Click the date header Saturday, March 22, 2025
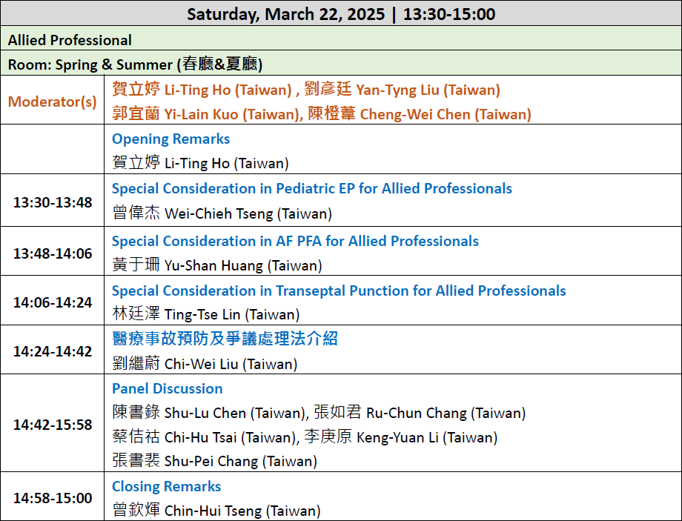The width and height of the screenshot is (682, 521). point(285,14)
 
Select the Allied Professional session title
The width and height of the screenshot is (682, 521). point(70,40)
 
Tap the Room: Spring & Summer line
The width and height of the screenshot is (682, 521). point(135,64)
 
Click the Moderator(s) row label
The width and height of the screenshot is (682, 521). point(52,102)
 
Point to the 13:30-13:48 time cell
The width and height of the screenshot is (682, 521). point(53,202)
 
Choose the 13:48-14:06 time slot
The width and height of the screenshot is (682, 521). point(53,253)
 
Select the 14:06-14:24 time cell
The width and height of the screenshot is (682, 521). point(53,302)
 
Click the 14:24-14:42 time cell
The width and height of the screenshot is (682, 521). point(53,351)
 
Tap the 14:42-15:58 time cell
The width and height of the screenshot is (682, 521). point(53,425)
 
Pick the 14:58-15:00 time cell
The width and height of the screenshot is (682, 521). point(53,498)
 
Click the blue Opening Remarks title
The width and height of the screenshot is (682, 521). point(171,139)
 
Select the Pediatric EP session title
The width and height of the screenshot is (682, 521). point(312,188)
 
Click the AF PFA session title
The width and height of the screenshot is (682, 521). point(295,241)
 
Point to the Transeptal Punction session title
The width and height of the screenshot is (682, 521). point(339,291)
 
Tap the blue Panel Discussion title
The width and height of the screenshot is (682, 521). point(168,388)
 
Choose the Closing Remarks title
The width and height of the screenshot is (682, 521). point(167,486)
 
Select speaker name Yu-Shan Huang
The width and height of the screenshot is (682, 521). point(213,265)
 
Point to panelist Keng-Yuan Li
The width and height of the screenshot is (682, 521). point(397,437)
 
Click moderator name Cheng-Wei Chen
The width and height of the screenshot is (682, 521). point(415,114)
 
